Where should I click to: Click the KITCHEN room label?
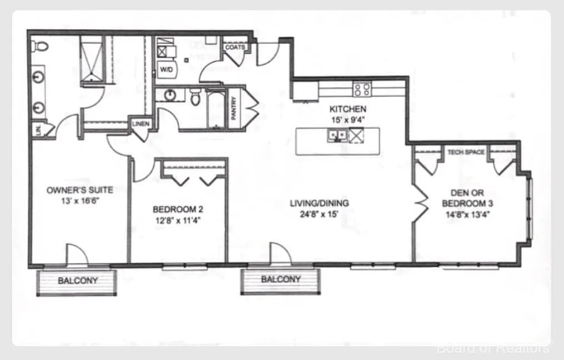(x=348, y=109)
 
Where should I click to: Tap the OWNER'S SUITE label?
(x=80, y=190)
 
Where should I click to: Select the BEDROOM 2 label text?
(x=178, y=209)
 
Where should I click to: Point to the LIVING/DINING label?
(x=319, y=203)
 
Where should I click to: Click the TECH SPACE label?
(x=466, y=152)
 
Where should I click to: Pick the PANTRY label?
(x=234, y=108)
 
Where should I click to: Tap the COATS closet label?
(x=235, y=47)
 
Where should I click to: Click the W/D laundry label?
(x=166, y=69)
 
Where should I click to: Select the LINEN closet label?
(x=140, y=123)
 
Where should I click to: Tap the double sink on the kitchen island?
(x=337, y=134)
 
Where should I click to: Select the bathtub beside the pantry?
(x=215, y=108)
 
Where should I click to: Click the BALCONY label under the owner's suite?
(x=78, y=281)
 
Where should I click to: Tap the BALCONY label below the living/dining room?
(x=281, y=279)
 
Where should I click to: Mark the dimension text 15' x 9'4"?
(x=348, y=119)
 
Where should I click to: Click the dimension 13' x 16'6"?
(x=80, y=200)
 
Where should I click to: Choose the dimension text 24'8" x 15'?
(x=319, y=213)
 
